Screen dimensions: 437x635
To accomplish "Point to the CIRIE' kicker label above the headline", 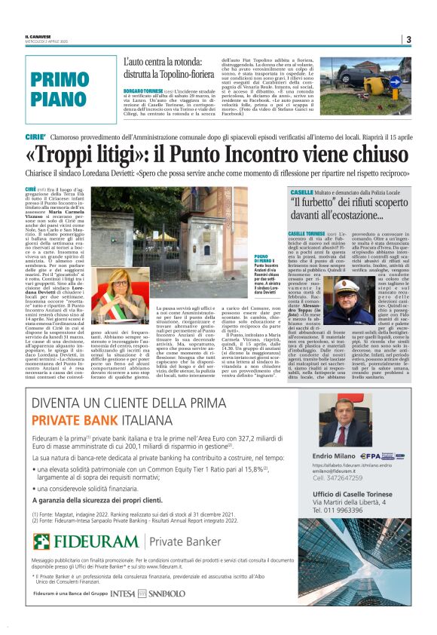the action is (35, 137).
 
